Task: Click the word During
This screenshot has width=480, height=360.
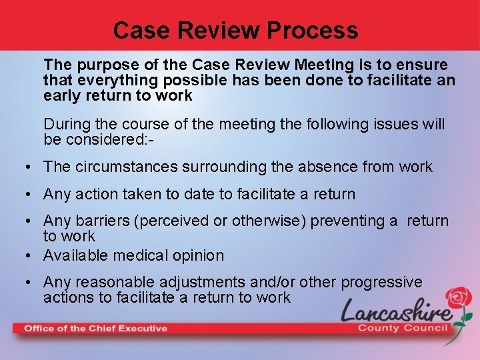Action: click(67, 125)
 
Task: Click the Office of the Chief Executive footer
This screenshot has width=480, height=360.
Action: click(95, 328)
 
